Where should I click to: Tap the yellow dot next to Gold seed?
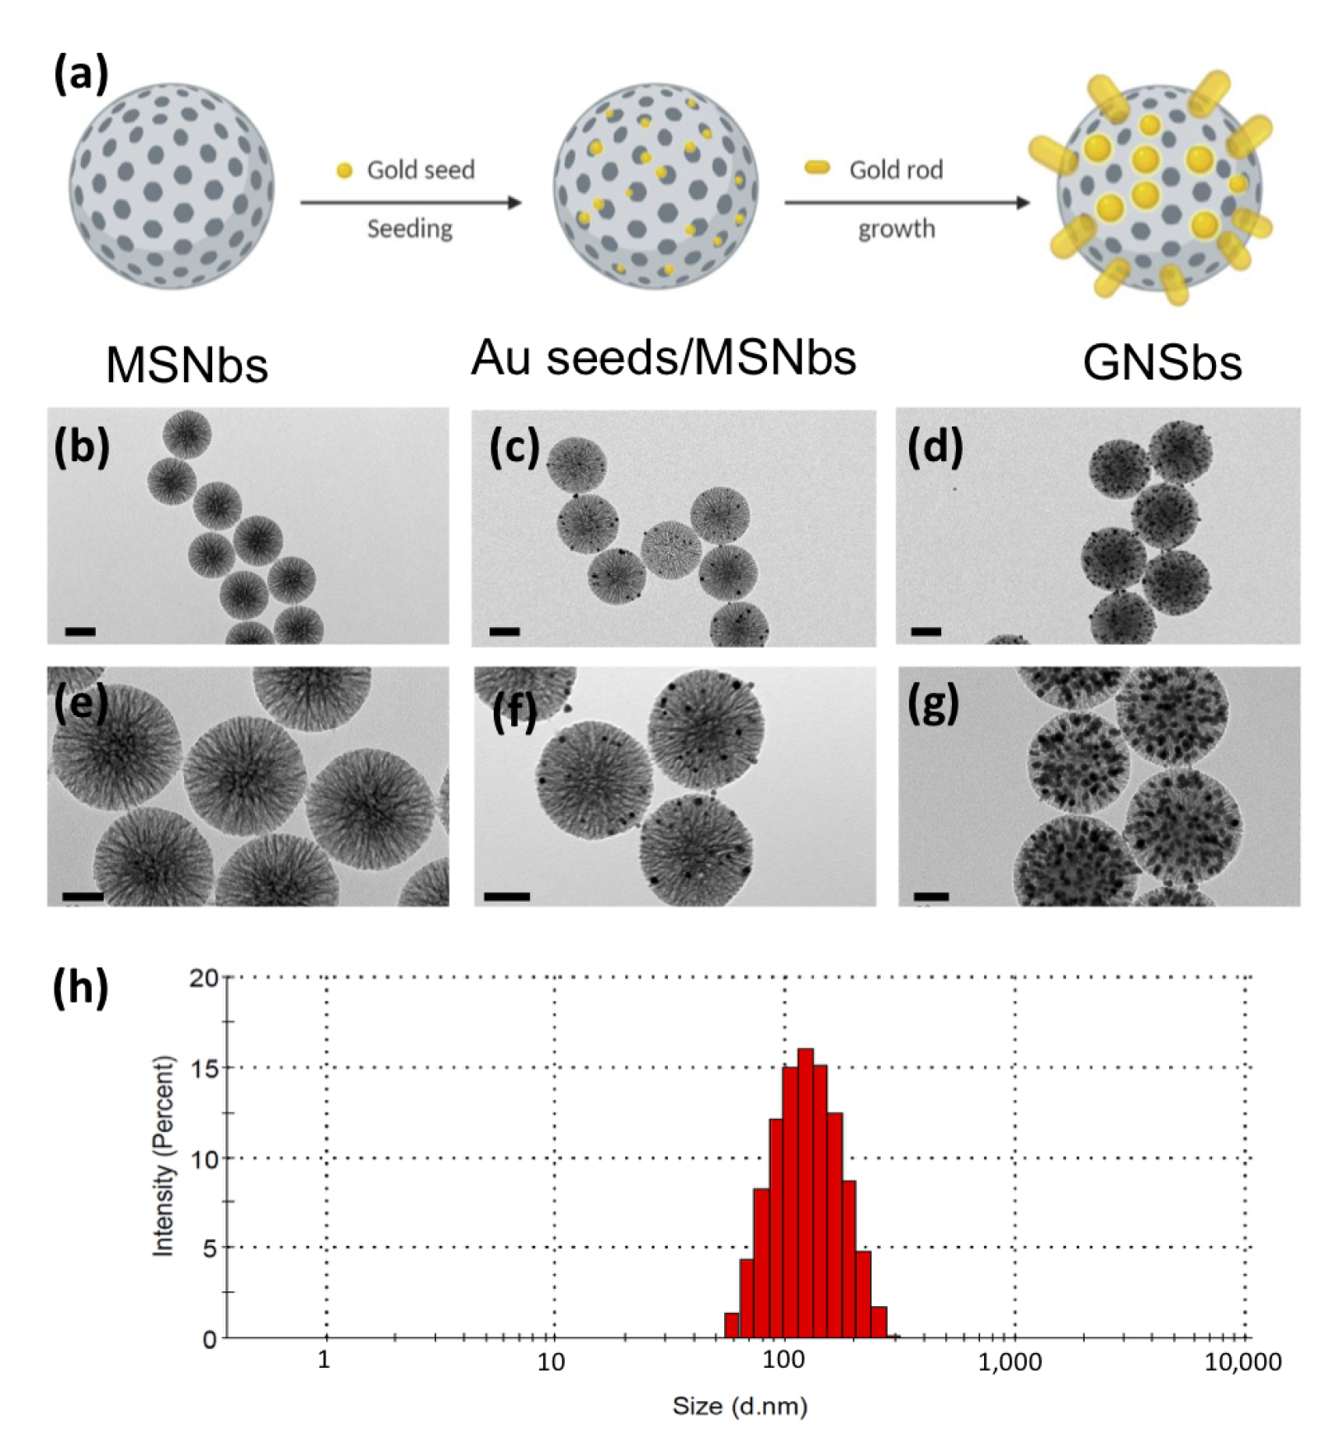344,171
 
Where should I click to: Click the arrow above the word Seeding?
410,202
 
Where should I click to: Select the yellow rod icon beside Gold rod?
817,168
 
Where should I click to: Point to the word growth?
896,229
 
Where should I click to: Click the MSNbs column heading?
187,365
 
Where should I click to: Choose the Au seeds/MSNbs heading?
663,357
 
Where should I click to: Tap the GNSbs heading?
1162,363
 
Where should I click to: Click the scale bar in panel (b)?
80,631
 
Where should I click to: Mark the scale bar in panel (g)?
931,895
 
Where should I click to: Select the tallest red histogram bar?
805,1192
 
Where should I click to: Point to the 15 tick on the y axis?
203,1069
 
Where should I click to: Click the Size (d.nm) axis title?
739,1406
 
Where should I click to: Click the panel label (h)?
80,986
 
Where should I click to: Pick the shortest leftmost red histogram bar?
731,1324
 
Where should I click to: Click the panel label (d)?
935,449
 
